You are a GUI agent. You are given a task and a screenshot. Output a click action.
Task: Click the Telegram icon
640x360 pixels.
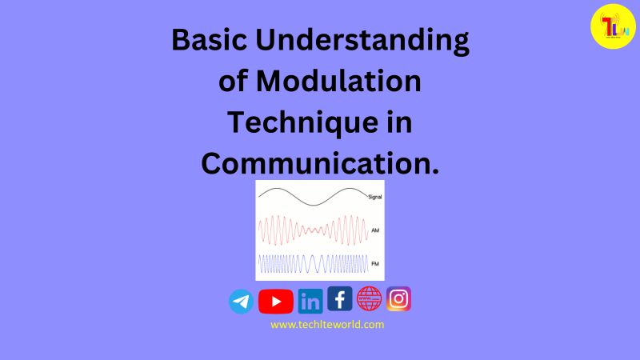click(x=241, y=302)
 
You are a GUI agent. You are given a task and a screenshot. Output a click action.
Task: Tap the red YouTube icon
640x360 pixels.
click(x=276, y=302)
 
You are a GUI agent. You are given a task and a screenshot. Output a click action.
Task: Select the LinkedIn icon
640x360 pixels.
click(x=310, y=302)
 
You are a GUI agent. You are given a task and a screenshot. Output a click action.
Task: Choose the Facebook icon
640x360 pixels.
click(x=339, y=299)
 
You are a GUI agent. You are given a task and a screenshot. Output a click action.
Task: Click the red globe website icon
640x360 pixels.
click(x=369, y=298)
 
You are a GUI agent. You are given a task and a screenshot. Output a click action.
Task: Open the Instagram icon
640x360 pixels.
click(x=398, y=299)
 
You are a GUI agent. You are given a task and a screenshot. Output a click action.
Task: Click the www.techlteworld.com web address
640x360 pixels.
click(x=327, y=325)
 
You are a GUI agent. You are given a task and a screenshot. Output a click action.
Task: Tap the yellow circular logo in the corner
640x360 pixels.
click(x=612, y=26)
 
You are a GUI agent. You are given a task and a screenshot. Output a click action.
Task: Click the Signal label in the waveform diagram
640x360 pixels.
click(x=374, y=196)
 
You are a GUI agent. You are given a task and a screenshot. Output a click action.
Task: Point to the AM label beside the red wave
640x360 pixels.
click(x=374, y=230)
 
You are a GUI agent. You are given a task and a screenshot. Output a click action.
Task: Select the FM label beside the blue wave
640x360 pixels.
click(x=374, y=262)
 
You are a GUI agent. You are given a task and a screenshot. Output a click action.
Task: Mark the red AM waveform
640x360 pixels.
click(x=312, y=230)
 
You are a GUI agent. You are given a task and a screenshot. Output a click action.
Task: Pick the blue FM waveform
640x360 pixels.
click(x=312, y=263)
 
